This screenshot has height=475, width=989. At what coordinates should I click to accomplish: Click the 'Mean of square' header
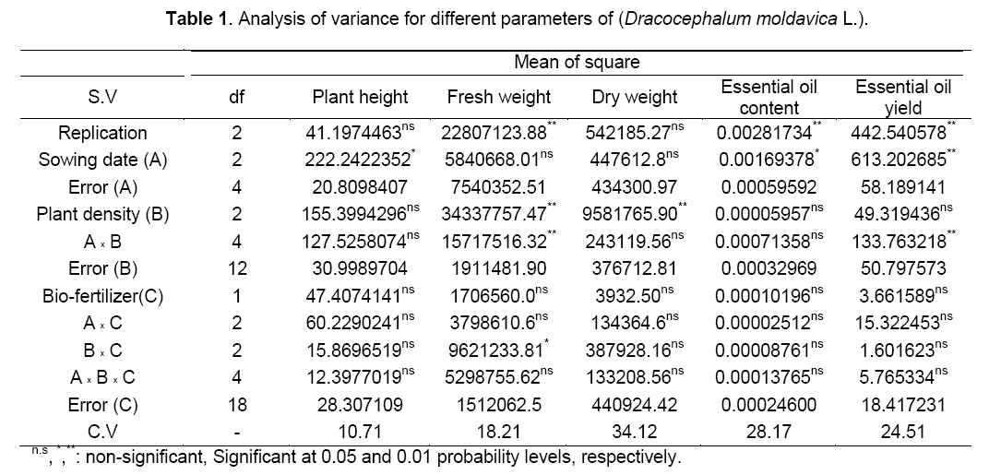589,63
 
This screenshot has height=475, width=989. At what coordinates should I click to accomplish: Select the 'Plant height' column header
360,97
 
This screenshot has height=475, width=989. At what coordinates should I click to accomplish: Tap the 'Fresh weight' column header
498,97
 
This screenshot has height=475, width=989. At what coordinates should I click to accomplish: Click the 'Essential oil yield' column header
902,96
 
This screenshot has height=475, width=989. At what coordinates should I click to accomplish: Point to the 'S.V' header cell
102,97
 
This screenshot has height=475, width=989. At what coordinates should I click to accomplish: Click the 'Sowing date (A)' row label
102,160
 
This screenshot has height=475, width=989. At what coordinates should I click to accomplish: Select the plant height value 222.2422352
356,160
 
